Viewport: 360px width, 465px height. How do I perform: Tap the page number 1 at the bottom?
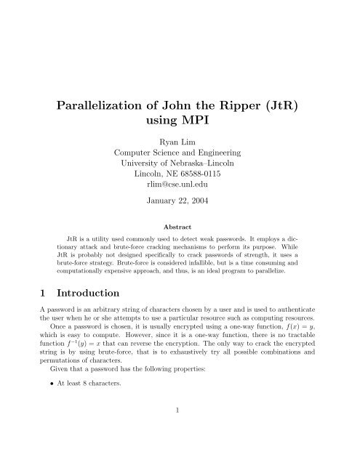tap(180, 448)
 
